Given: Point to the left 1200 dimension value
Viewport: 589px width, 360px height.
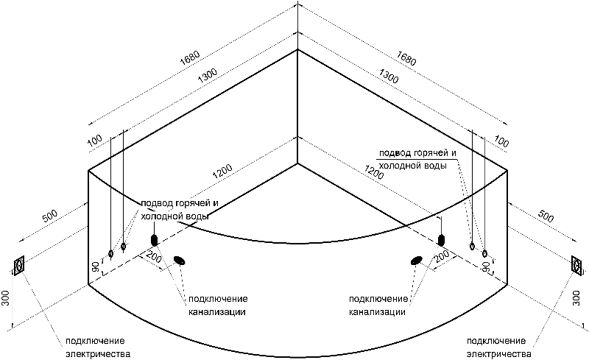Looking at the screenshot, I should pyautogui.click(x=222, y=172).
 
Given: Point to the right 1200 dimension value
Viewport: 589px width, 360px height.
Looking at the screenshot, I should pyautogui.click(x=373, y=174).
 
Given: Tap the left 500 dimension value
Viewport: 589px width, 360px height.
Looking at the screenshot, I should pyautogui.click(x=50, y=216).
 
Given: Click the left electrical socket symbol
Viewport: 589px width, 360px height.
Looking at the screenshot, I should pyautogui.click(x=19, y=265).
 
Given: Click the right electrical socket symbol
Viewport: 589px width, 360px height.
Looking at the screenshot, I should pyautogui.click(x=576, y=264).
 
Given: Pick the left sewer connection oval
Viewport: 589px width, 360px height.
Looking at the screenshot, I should pyautogui.click(x=180, y=260).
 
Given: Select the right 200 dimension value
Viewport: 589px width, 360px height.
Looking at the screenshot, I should pyautogui.click(x=441, y=255).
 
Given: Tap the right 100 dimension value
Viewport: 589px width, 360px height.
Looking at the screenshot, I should pyautogui.click(x=501, y=141).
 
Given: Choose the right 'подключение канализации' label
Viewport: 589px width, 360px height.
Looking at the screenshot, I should pyautogui.click(x=378, y=306).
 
